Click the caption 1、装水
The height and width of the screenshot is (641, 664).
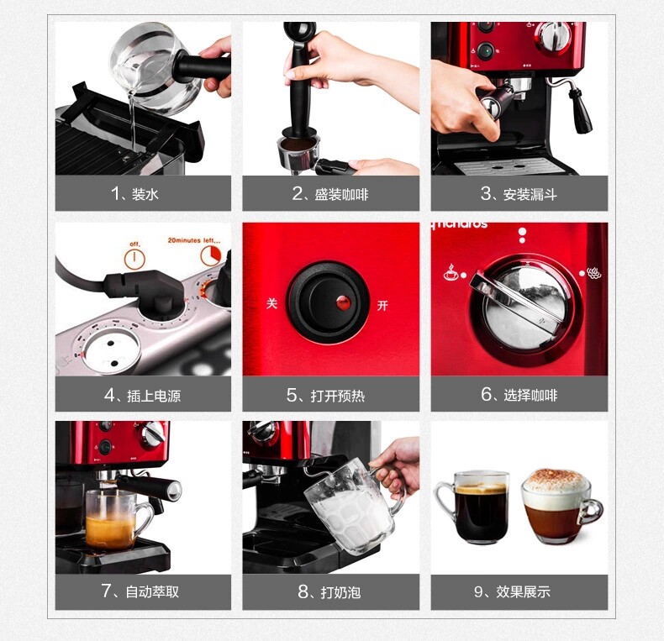[x=134, y=194]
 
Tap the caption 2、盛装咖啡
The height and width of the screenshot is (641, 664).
[x=330, y=194]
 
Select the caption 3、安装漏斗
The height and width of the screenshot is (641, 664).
[x=519, y=194]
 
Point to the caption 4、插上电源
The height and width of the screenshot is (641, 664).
[x=143, y=396]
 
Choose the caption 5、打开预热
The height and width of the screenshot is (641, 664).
[x=325, y=396]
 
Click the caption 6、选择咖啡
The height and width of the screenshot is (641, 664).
[x=519, y=395]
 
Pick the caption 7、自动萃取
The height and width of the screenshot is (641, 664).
[x=140, y=591]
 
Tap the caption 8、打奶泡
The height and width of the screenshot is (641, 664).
[x=329, y=591]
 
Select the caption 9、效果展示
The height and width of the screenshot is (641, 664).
[x=512, y=591]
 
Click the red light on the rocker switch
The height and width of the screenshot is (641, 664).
[x=343, y=302]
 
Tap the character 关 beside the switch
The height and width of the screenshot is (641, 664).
[x=271, y=303]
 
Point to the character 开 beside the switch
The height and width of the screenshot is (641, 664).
[x=382, y=305]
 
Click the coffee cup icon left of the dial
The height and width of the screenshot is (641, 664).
[x=451, y=272]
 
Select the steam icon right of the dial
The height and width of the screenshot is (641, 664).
[x=594, y=273]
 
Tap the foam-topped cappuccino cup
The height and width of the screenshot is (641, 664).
[x=559, y=506]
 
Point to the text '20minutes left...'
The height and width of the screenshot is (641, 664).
[x=194, y=240]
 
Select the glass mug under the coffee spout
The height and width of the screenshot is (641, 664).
[x=117, y=520]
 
